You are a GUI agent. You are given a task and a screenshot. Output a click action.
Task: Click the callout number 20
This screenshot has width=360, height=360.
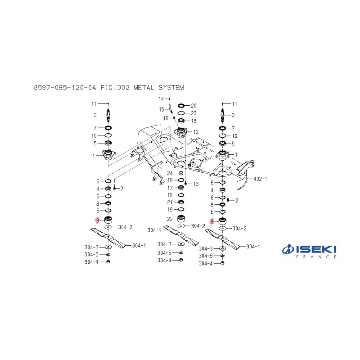[193, 106]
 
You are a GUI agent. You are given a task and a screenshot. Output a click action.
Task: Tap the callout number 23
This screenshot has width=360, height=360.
[193, 113]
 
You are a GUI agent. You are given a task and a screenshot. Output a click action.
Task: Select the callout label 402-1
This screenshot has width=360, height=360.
[260, 179]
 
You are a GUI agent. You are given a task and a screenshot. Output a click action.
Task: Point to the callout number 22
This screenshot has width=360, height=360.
[170, 219]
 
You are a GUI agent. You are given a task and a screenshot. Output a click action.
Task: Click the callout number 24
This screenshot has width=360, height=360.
[170, 173]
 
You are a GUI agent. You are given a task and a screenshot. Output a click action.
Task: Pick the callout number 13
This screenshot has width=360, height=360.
[196, 184]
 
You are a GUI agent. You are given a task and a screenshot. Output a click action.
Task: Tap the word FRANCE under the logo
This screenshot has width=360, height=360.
[316, 257]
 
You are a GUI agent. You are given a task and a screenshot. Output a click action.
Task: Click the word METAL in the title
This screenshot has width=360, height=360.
[144, 88]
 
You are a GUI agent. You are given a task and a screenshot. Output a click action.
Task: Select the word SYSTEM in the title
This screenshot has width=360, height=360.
[171, 88]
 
